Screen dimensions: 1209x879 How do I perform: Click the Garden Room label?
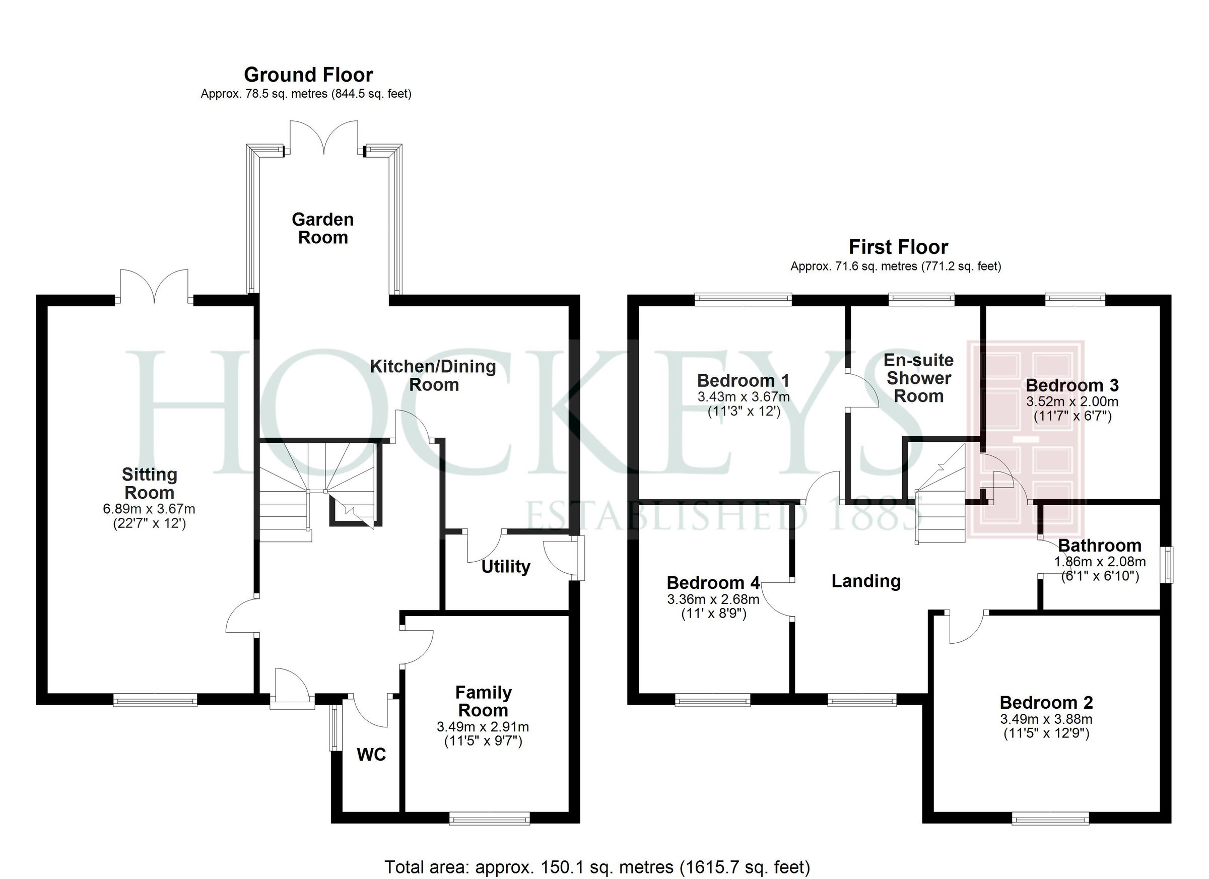click(322, 228)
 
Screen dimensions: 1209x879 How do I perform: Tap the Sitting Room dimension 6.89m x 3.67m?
click(149, 509)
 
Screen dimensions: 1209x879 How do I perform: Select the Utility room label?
click(505, 566)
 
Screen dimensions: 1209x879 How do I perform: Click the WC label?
click(371, 754)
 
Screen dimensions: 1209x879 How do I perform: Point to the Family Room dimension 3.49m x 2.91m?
click(483, 726)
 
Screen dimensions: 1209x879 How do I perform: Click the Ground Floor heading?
click(308, 75)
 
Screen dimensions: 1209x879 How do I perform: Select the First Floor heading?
click(898, 247)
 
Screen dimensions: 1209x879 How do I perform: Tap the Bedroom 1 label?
click(743, 381)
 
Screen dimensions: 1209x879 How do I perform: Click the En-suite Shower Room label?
click(918, 378)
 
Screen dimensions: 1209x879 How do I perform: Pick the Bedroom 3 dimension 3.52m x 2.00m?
click(1072, 401)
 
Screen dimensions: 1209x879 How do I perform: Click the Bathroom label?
click(1099, 546)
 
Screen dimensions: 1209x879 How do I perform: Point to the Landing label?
click(866, 581)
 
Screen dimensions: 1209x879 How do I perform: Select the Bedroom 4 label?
click(713, 583)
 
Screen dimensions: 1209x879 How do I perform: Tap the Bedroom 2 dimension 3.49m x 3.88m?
click(1046, 719)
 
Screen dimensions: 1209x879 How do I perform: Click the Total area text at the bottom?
click(597, 867)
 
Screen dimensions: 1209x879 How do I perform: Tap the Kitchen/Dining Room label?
click(433, 375)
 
